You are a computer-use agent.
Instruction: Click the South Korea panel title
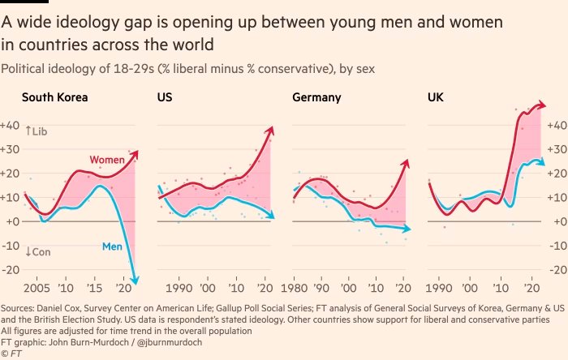[x=54, y=99]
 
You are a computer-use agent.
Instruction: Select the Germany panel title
[x=316, y=99]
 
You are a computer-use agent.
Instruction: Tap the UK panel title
[x=435, y=99]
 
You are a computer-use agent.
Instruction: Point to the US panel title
[x=164, y=99]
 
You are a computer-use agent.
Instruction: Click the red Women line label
[x=107, y=160]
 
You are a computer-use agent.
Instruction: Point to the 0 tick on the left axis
[x=12, y=221]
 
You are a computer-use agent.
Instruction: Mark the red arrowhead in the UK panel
[x=541, y=105]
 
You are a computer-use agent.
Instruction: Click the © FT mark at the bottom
[x=11, y=354]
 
